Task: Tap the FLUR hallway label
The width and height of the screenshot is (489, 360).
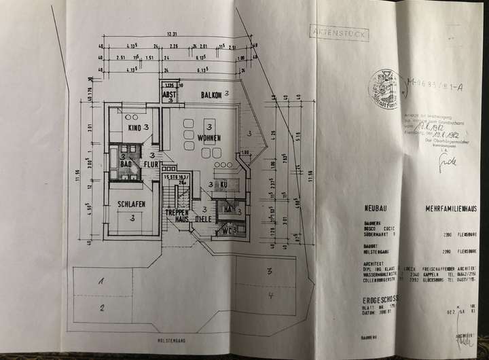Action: pos(151,164)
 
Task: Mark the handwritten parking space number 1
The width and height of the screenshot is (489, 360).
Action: pos(100,280)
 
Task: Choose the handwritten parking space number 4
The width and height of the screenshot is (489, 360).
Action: pos(270,296)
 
